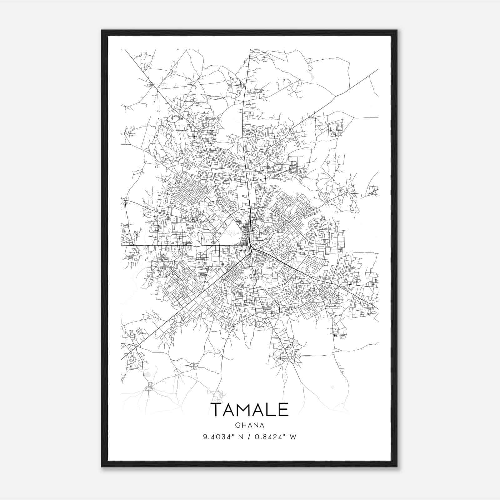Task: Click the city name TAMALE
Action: click(x=249, y=410)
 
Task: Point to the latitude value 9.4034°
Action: click(x=219, y=437)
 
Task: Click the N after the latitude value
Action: click(x=241, y=437)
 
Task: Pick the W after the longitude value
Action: click(x=293, y=437)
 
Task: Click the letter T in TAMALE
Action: click(x=217, y=410)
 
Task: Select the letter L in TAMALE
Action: click(x=271, y=410)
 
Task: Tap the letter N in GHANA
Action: click(x=255, y=425)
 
